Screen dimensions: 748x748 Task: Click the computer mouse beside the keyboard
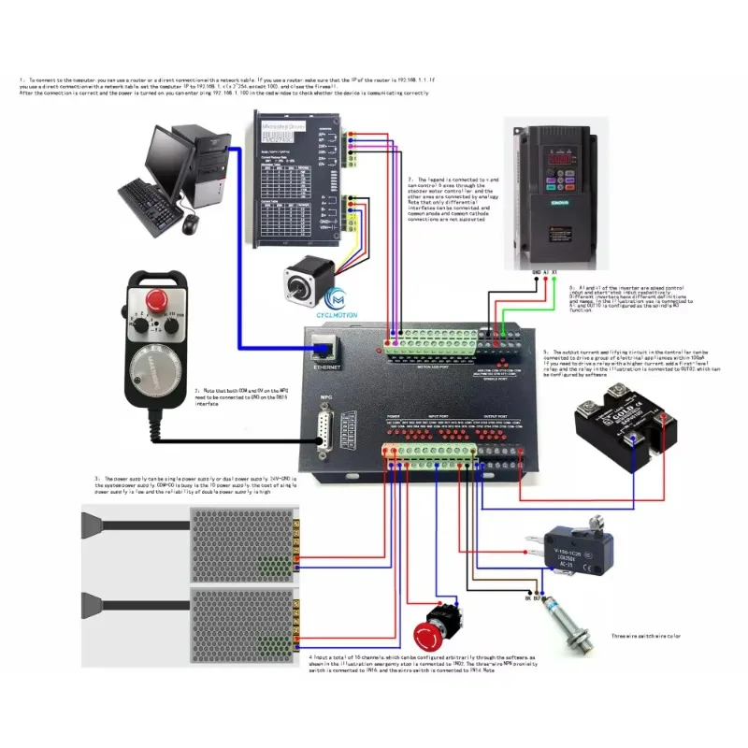191,224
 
